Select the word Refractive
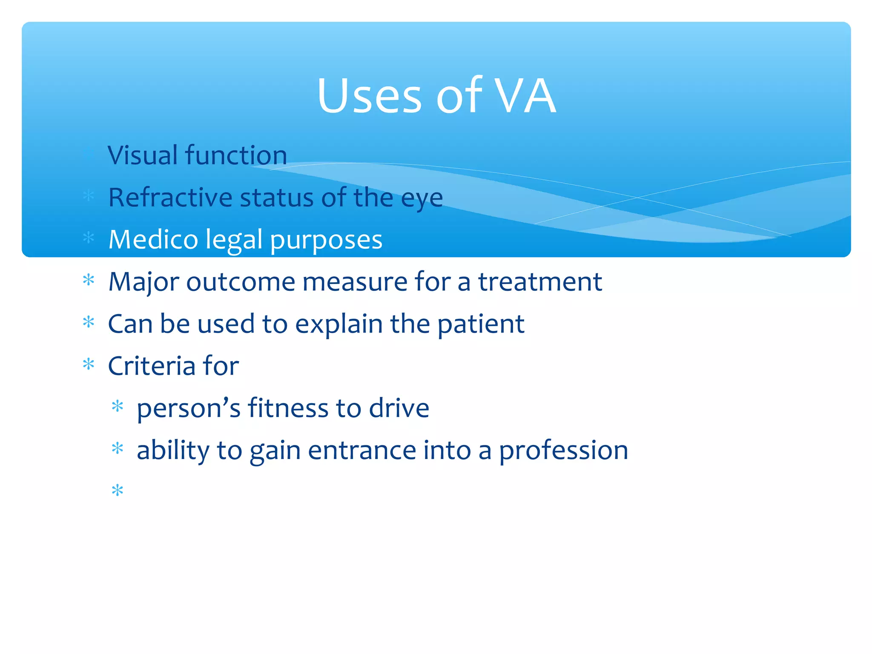[x=170, y=198]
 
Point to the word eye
[x=422, y=199]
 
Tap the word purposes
[x=326, y=241]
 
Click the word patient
[x=481, y=324]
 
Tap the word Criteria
[x=151, y=366]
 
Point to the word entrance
[x=362, y=450]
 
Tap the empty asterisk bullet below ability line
[x=117, y=490]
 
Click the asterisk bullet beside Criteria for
[x=89, y=364]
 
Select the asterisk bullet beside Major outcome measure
[x=89, y=280]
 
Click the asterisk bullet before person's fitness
[x=117, y=407]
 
